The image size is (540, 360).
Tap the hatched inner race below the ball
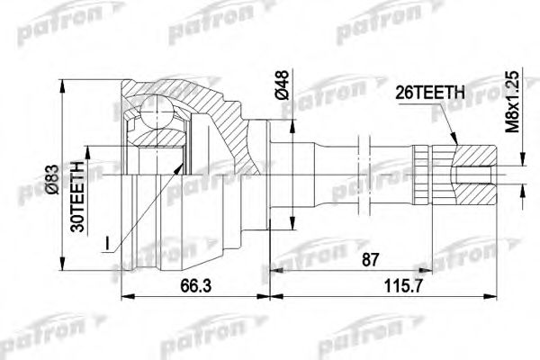[x=157, y=144]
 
